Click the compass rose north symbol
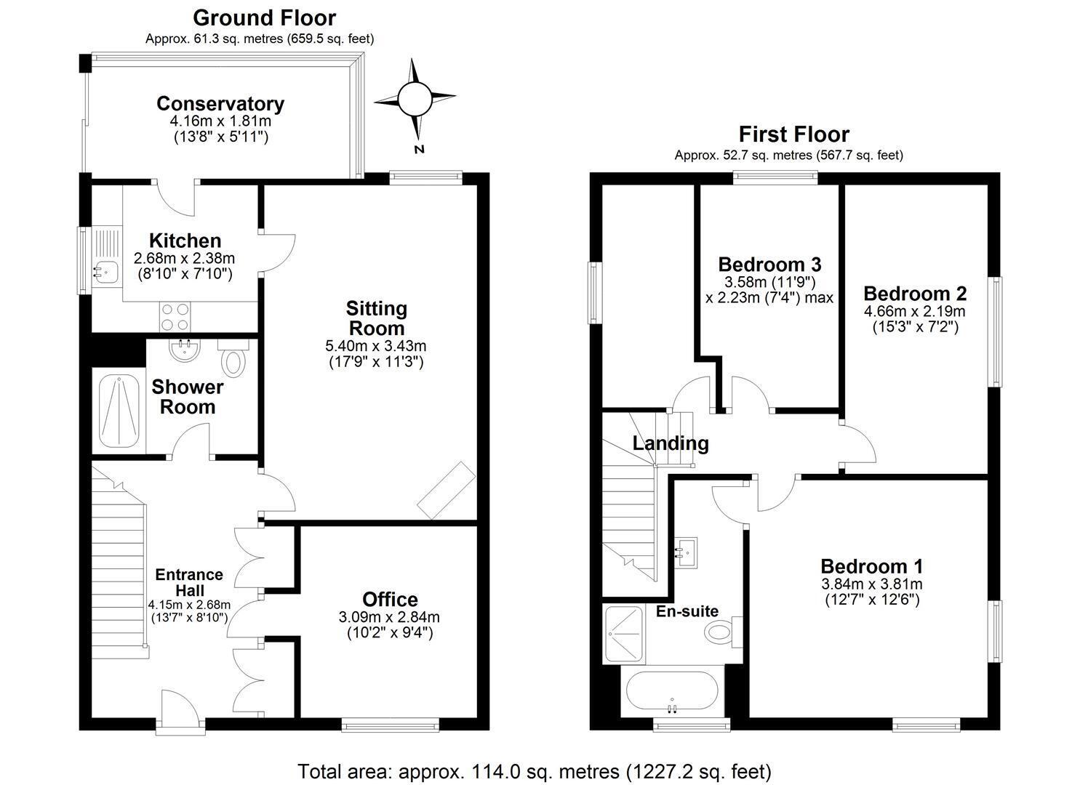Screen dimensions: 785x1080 (415, 99)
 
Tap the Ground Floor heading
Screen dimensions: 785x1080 (264, 17)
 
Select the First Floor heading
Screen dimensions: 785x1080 (793, 134)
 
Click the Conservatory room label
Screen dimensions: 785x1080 (220, 103)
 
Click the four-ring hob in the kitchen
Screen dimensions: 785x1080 (175, 318)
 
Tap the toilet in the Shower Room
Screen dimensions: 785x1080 (235, 361)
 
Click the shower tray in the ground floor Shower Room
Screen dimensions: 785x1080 (119, 412)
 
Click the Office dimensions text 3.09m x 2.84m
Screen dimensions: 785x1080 (389, 617)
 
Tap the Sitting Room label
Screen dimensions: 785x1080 (376, 318)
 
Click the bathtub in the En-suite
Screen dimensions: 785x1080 (671, 693)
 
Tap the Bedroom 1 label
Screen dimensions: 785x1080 (871, 566)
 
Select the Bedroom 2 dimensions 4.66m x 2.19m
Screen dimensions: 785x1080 (914, 311)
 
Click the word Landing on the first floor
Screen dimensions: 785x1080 (670, 443)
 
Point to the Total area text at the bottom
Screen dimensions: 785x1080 (535, 770)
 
